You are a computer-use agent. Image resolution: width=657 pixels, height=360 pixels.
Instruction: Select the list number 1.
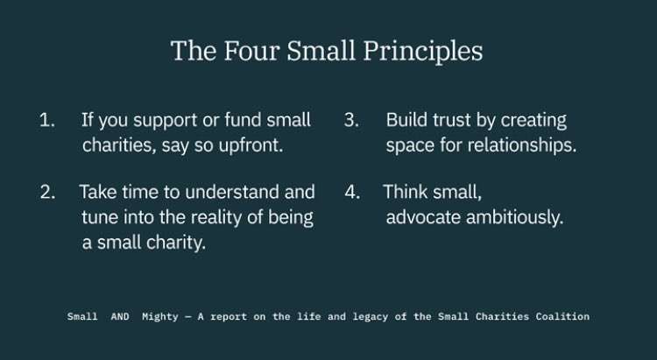46,121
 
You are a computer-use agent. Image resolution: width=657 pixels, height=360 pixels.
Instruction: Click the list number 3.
351,121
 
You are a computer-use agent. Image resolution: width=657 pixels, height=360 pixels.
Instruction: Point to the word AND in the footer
120,316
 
